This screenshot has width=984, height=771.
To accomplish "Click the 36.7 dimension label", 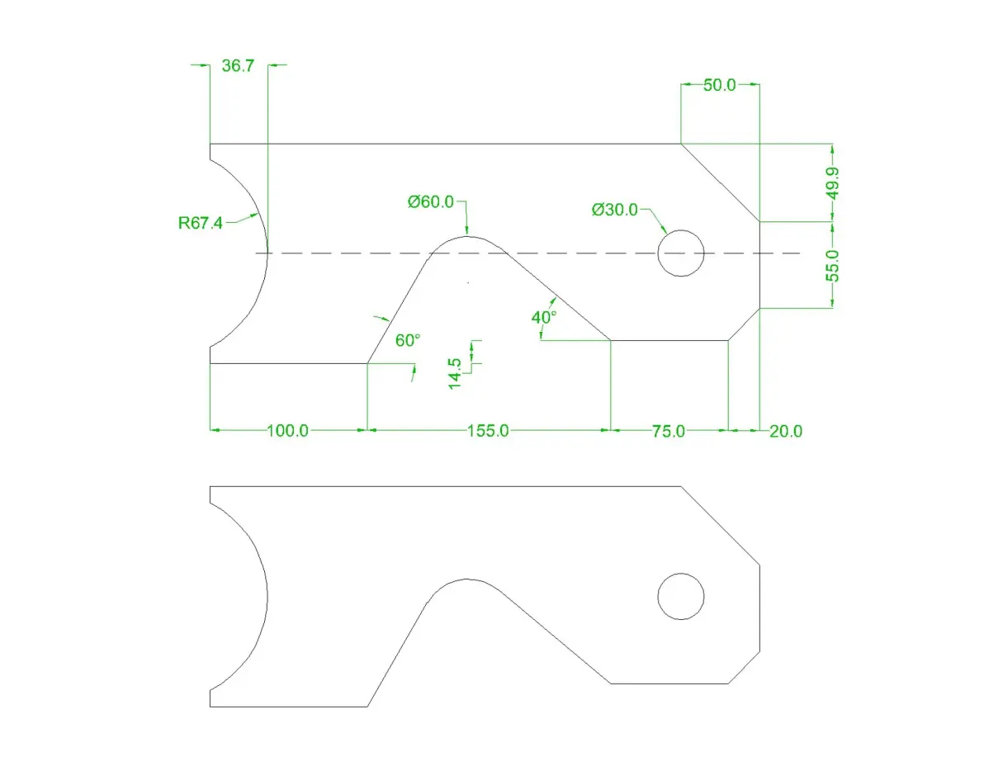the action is [x=238, y=66].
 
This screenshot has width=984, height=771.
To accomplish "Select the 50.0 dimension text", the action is [x=719, y=85].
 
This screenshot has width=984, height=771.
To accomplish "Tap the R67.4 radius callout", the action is [x=201, y=223].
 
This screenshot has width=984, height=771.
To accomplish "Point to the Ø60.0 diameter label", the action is [x=431, y=201].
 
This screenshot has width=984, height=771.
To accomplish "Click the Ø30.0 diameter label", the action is [x=614, y=210].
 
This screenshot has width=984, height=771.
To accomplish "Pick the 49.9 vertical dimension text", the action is [x=833, y=182].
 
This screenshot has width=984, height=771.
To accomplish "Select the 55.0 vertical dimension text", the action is [x=833, y=265].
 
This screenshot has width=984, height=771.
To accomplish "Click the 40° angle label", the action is [x=543, y=318].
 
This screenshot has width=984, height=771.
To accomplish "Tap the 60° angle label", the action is [x=407, y=340].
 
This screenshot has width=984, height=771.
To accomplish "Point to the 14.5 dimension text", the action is [x=455, y=374].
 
